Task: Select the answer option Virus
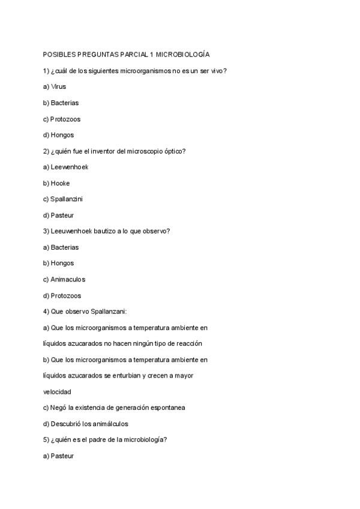[x=58, y=86]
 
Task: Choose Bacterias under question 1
[x=64, y=103]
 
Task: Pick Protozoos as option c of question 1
[x=65, y=119]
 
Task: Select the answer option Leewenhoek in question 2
[x=70, y=167]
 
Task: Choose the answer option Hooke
[x=60, y=183]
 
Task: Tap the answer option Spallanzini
[x=67, y=199]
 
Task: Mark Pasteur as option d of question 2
[x=62, y=215]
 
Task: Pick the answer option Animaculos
[x=68, y=279]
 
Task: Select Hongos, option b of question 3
[x=62, y=263]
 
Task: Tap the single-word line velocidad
[x=57, y=391]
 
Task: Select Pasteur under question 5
[x=62, y=456]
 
